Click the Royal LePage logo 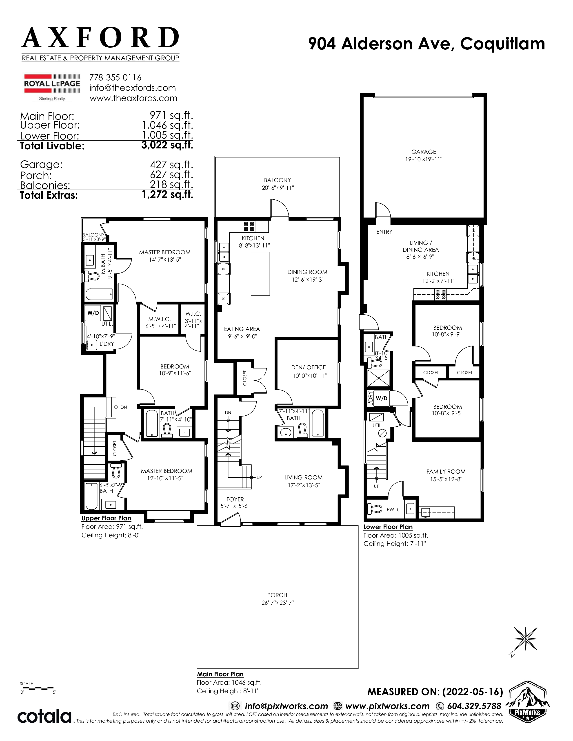click(x=52, y=87)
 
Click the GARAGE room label click(x=424, y=152)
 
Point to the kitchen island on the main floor click(x=260, y=274)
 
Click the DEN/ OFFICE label click(x=309, y=367)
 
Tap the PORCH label click(x=277, y=595)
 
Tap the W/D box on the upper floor click(x=93, y=313)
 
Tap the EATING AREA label click(x=242, y=329)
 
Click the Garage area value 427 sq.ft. click(x=171, y=165)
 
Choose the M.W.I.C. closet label click(x=160, y=319)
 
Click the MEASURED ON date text click(x=435, y=692)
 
